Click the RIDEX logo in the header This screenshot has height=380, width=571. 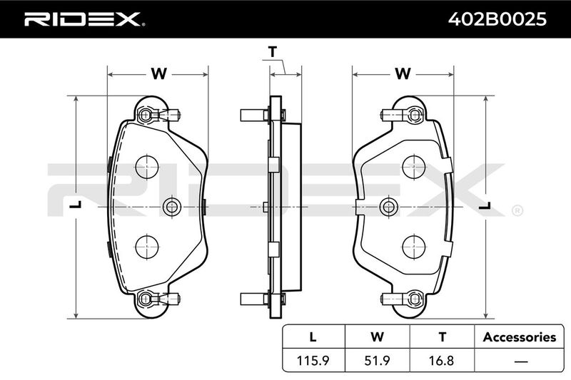point(84,19)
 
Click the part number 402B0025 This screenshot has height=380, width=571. point(497,19)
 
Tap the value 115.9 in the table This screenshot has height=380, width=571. point(313,360)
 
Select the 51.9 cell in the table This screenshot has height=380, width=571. point(378,360)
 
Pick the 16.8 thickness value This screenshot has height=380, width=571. point(442,360)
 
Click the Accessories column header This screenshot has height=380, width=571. point(520,337)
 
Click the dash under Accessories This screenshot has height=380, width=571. point(521,361)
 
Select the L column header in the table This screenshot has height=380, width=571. point(313,337)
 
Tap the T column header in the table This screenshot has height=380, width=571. point(442,337)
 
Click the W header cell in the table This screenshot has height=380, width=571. point(378,337)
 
